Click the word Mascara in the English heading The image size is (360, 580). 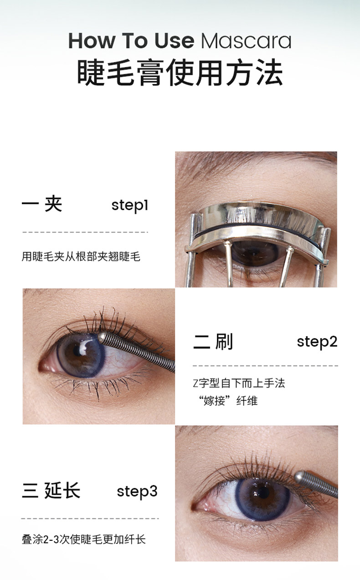point(246,41)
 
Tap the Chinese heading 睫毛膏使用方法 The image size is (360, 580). point(180,72)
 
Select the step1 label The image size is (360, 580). point(130,206)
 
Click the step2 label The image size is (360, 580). point(317,342)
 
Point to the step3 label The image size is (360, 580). point(137,491)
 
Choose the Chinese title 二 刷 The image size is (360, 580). point(213,342)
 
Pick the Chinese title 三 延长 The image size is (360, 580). point(51,491)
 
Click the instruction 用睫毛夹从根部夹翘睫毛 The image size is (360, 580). point(81,257)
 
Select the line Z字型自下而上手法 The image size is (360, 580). point(239,383)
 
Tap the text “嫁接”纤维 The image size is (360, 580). point(228,401)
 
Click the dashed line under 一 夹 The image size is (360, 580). point(85,232)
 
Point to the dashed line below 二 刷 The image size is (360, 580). point(265,366)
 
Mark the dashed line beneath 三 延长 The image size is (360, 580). point(90,518)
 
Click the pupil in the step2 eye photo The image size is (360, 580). point(77,351)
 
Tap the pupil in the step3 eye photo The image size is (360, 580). point(263,493)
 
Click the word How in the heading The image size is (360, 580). point(91,41)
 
